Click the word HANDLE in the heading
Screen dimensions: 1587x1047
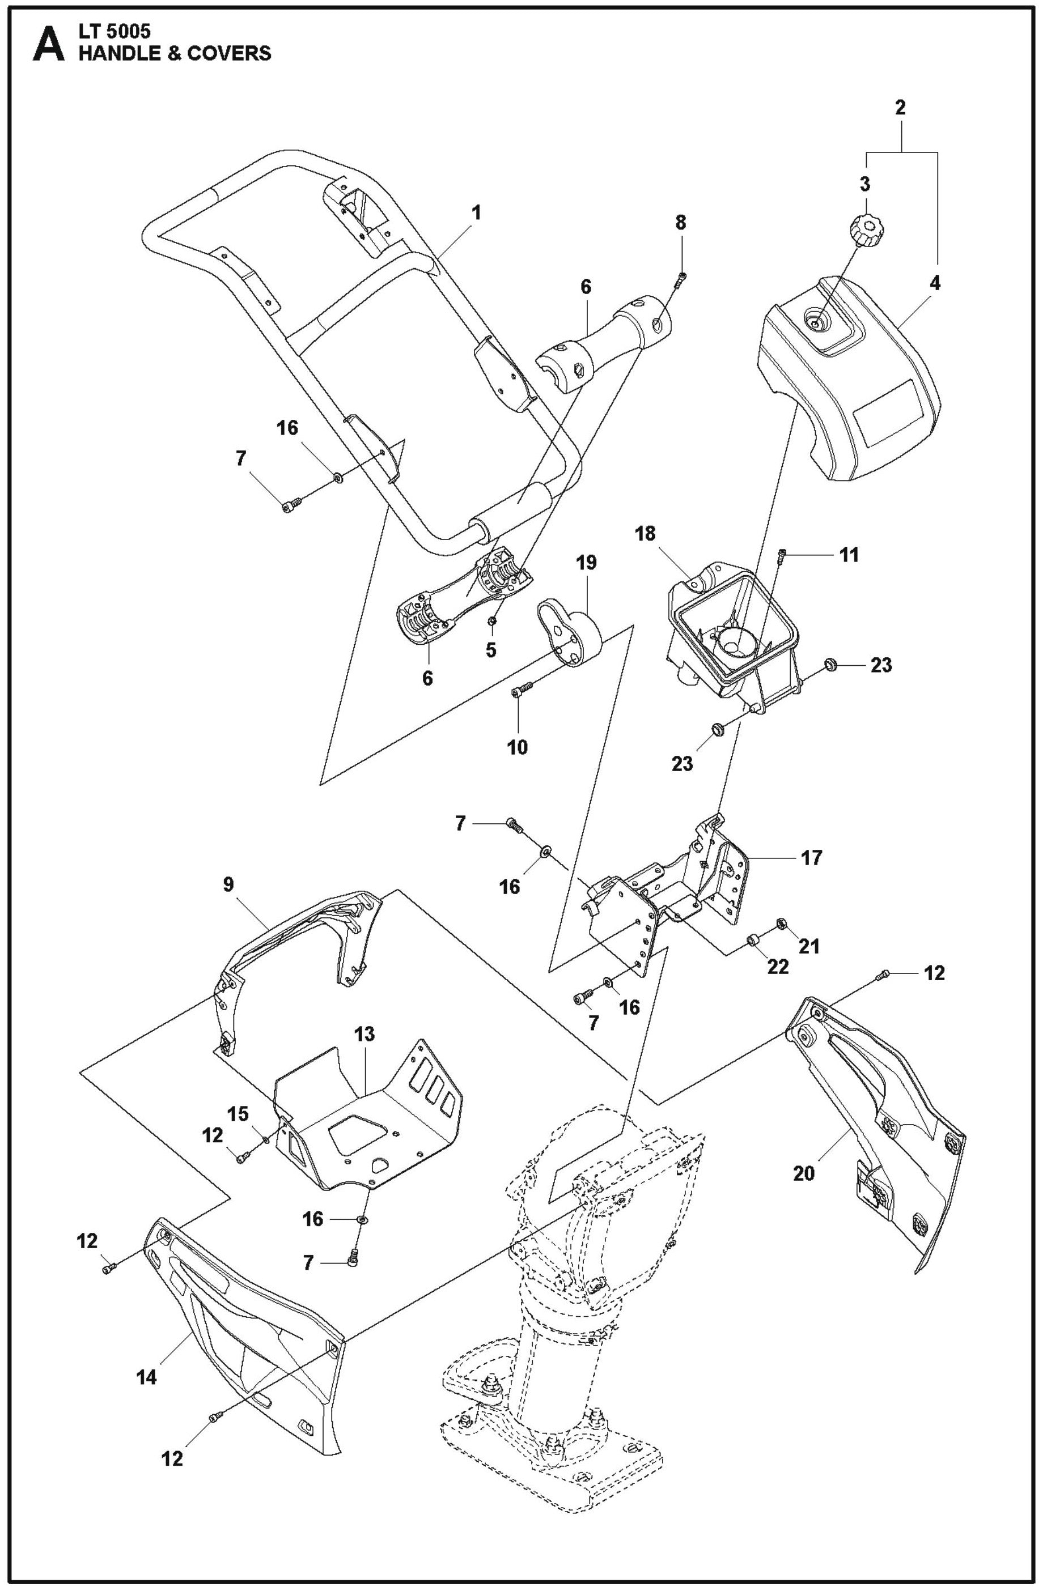pos(116,53)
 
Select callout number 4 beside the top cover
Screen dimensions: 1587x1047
pos(935,283)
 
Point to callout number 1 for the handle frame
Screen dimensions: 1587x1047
pos(476,214)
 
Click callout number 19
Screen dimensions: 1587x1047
pos(586,562)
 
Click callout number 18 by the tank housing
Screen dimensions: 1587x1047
pos(646,534)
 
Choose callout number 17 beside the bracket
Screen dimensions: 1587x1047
pos(812,858)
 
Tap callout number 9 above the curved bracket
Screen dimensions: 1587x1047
pos(228,885)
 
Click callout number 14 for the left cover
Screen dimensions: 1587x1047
pos(147,1376)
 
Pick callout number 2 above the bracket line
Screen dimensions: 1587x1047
pos(900,108)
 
